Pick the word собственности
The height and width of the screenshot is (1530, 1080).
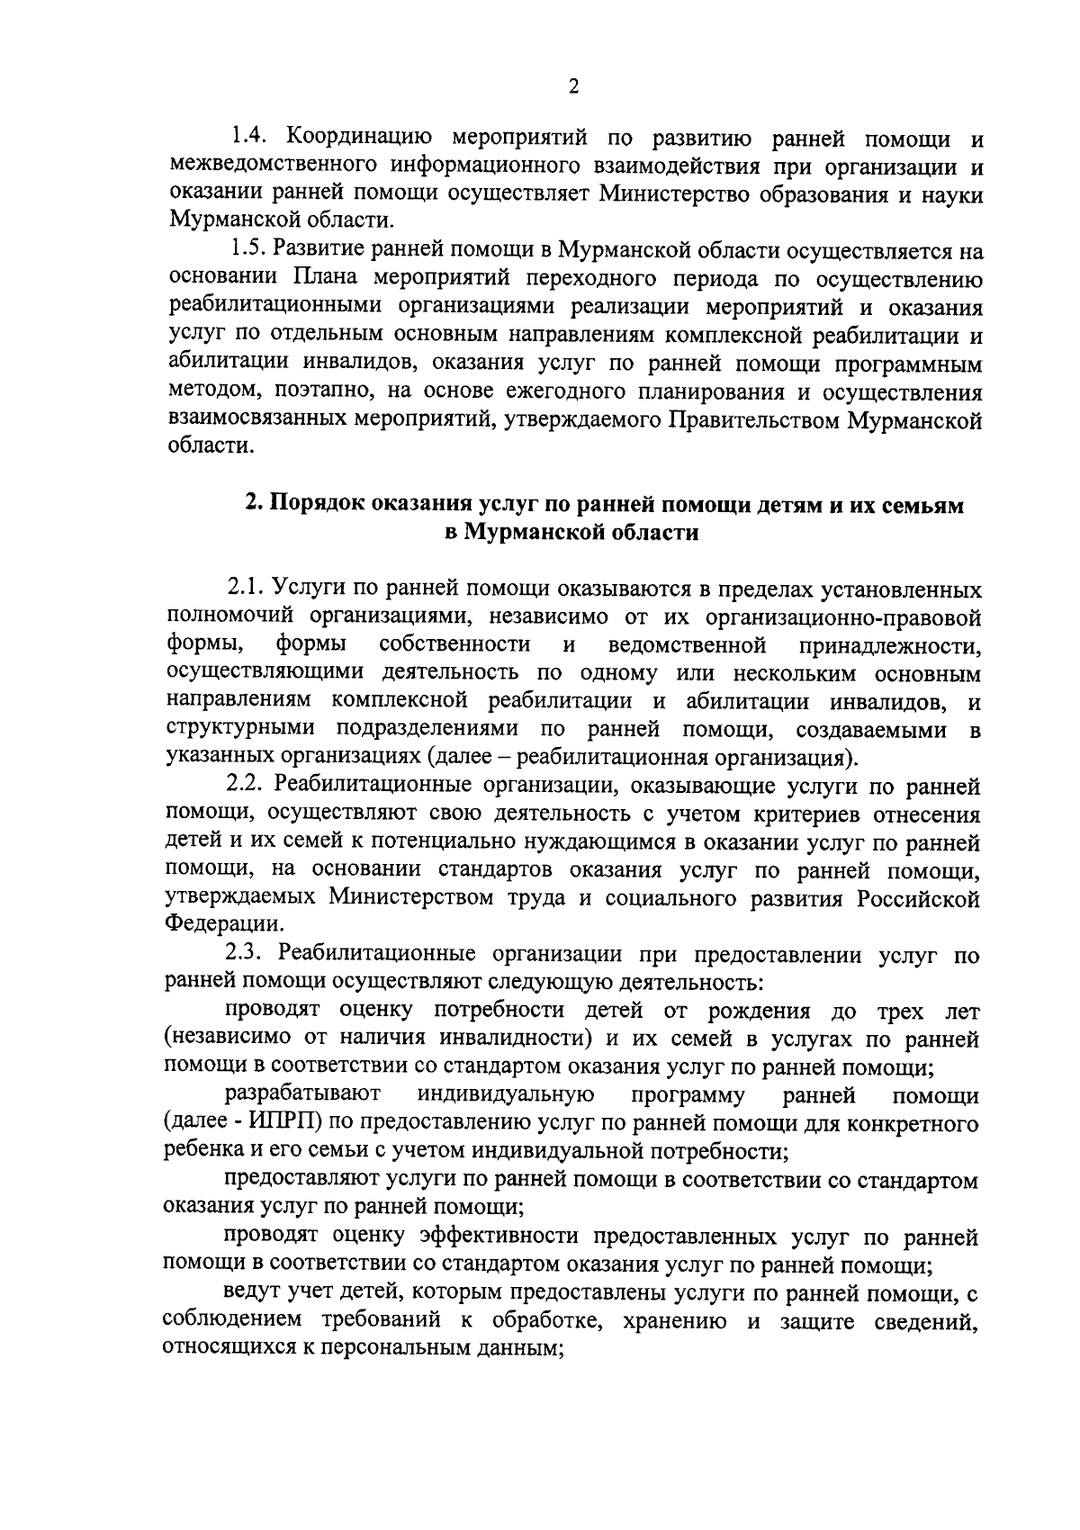click(x=454, y=645)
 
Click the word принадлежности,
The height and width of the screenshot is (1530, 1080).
click(x=888, y=645)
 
